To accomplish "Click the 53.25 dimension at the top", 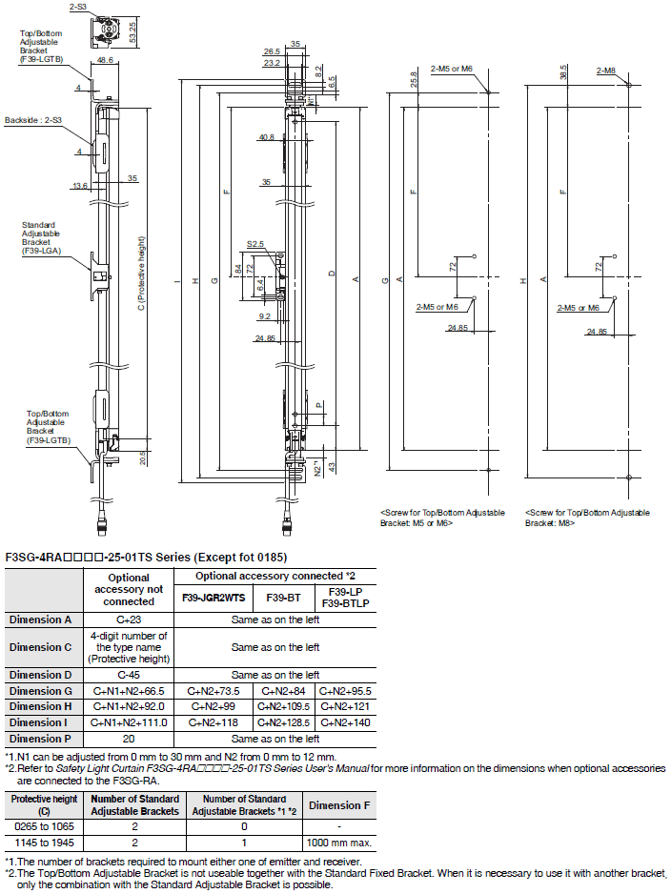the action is pos(132,32).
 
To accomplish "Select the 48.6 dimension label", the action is pos(105,60).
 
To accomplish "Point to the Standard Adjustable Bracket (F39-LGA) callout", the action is pos(41,237).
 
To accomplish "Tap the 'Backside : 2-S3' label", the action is pos(33,120).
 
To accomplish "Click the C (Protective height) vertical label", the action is pos(141,274).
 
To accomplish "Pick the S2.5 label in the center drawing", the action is pos(255,244).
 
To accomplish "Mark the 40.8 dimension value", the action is pos(266,137).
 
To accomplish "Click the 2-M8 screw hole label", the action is pos(606,71).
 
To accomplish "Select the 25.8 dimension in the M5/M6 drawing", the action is pos(414,79).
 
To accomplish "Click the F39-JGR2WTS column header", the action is pos(213,598).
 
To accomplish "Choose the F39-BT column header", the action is pos(283,598).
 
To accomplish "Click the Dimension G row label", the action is pos(41,691).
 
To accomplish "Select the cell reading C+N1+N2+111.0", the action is pos(129,723).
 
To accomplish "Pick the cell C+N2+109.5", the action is pos(283,707).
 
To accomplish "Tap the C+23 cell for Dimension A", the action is pos(129,620).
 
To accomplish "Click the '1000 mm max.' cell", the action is pos(339,843).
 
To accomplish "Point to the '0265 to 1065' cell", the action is pos(44,826).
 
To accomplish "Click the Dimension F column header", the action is pos(339,805).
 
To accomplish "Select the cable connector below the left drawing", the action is pos(100,523).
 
